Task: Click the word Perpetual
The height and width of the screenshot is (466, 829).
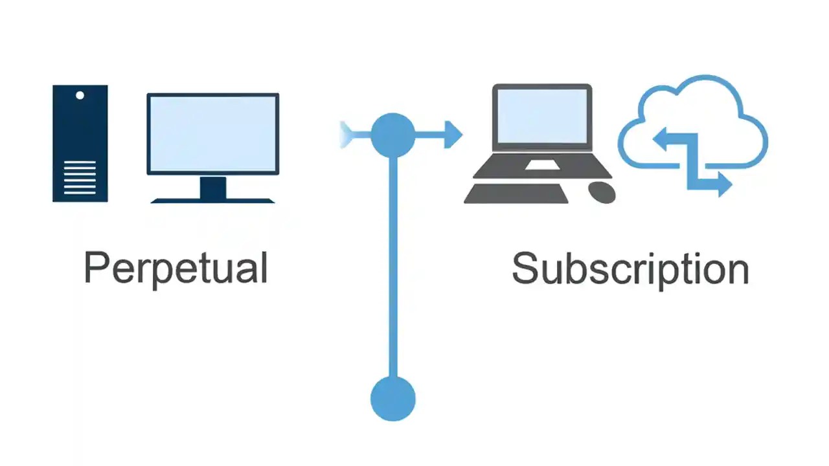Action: tap(176, 268)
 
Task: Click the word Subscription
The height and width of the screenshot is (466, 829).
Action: tap(630, 268)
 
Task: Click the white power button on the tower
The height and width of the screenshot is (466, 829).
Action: tap(80, 95)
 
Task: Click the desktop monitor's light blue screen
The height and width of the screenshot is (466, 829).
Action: tap(212, 133)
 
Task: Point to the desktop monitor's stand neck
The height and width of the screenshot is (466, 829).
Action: tap(212, 188)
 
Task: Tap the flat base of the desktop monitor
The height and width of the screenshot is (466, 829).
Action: tap(212, 201)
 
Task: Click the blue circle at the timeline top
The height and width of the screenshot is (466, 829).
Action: tap(392, 135)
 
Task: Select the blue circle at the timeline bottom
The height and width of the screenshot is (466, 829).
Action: tap(392, 399)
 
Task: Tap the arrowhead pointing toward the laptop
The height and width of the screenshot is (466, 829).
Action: tap(453, 135)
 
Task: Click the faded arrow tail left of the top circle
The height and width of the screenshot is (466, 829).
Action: tap(350, 135)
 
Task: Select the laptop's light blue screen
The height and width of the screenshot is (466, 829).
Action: tap(542, 116)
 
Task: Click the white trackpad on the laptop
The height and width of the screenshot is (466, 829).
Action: tap(542, 165)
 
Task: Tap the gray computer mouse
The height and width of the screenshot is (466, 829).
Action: tap(602, 192)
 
